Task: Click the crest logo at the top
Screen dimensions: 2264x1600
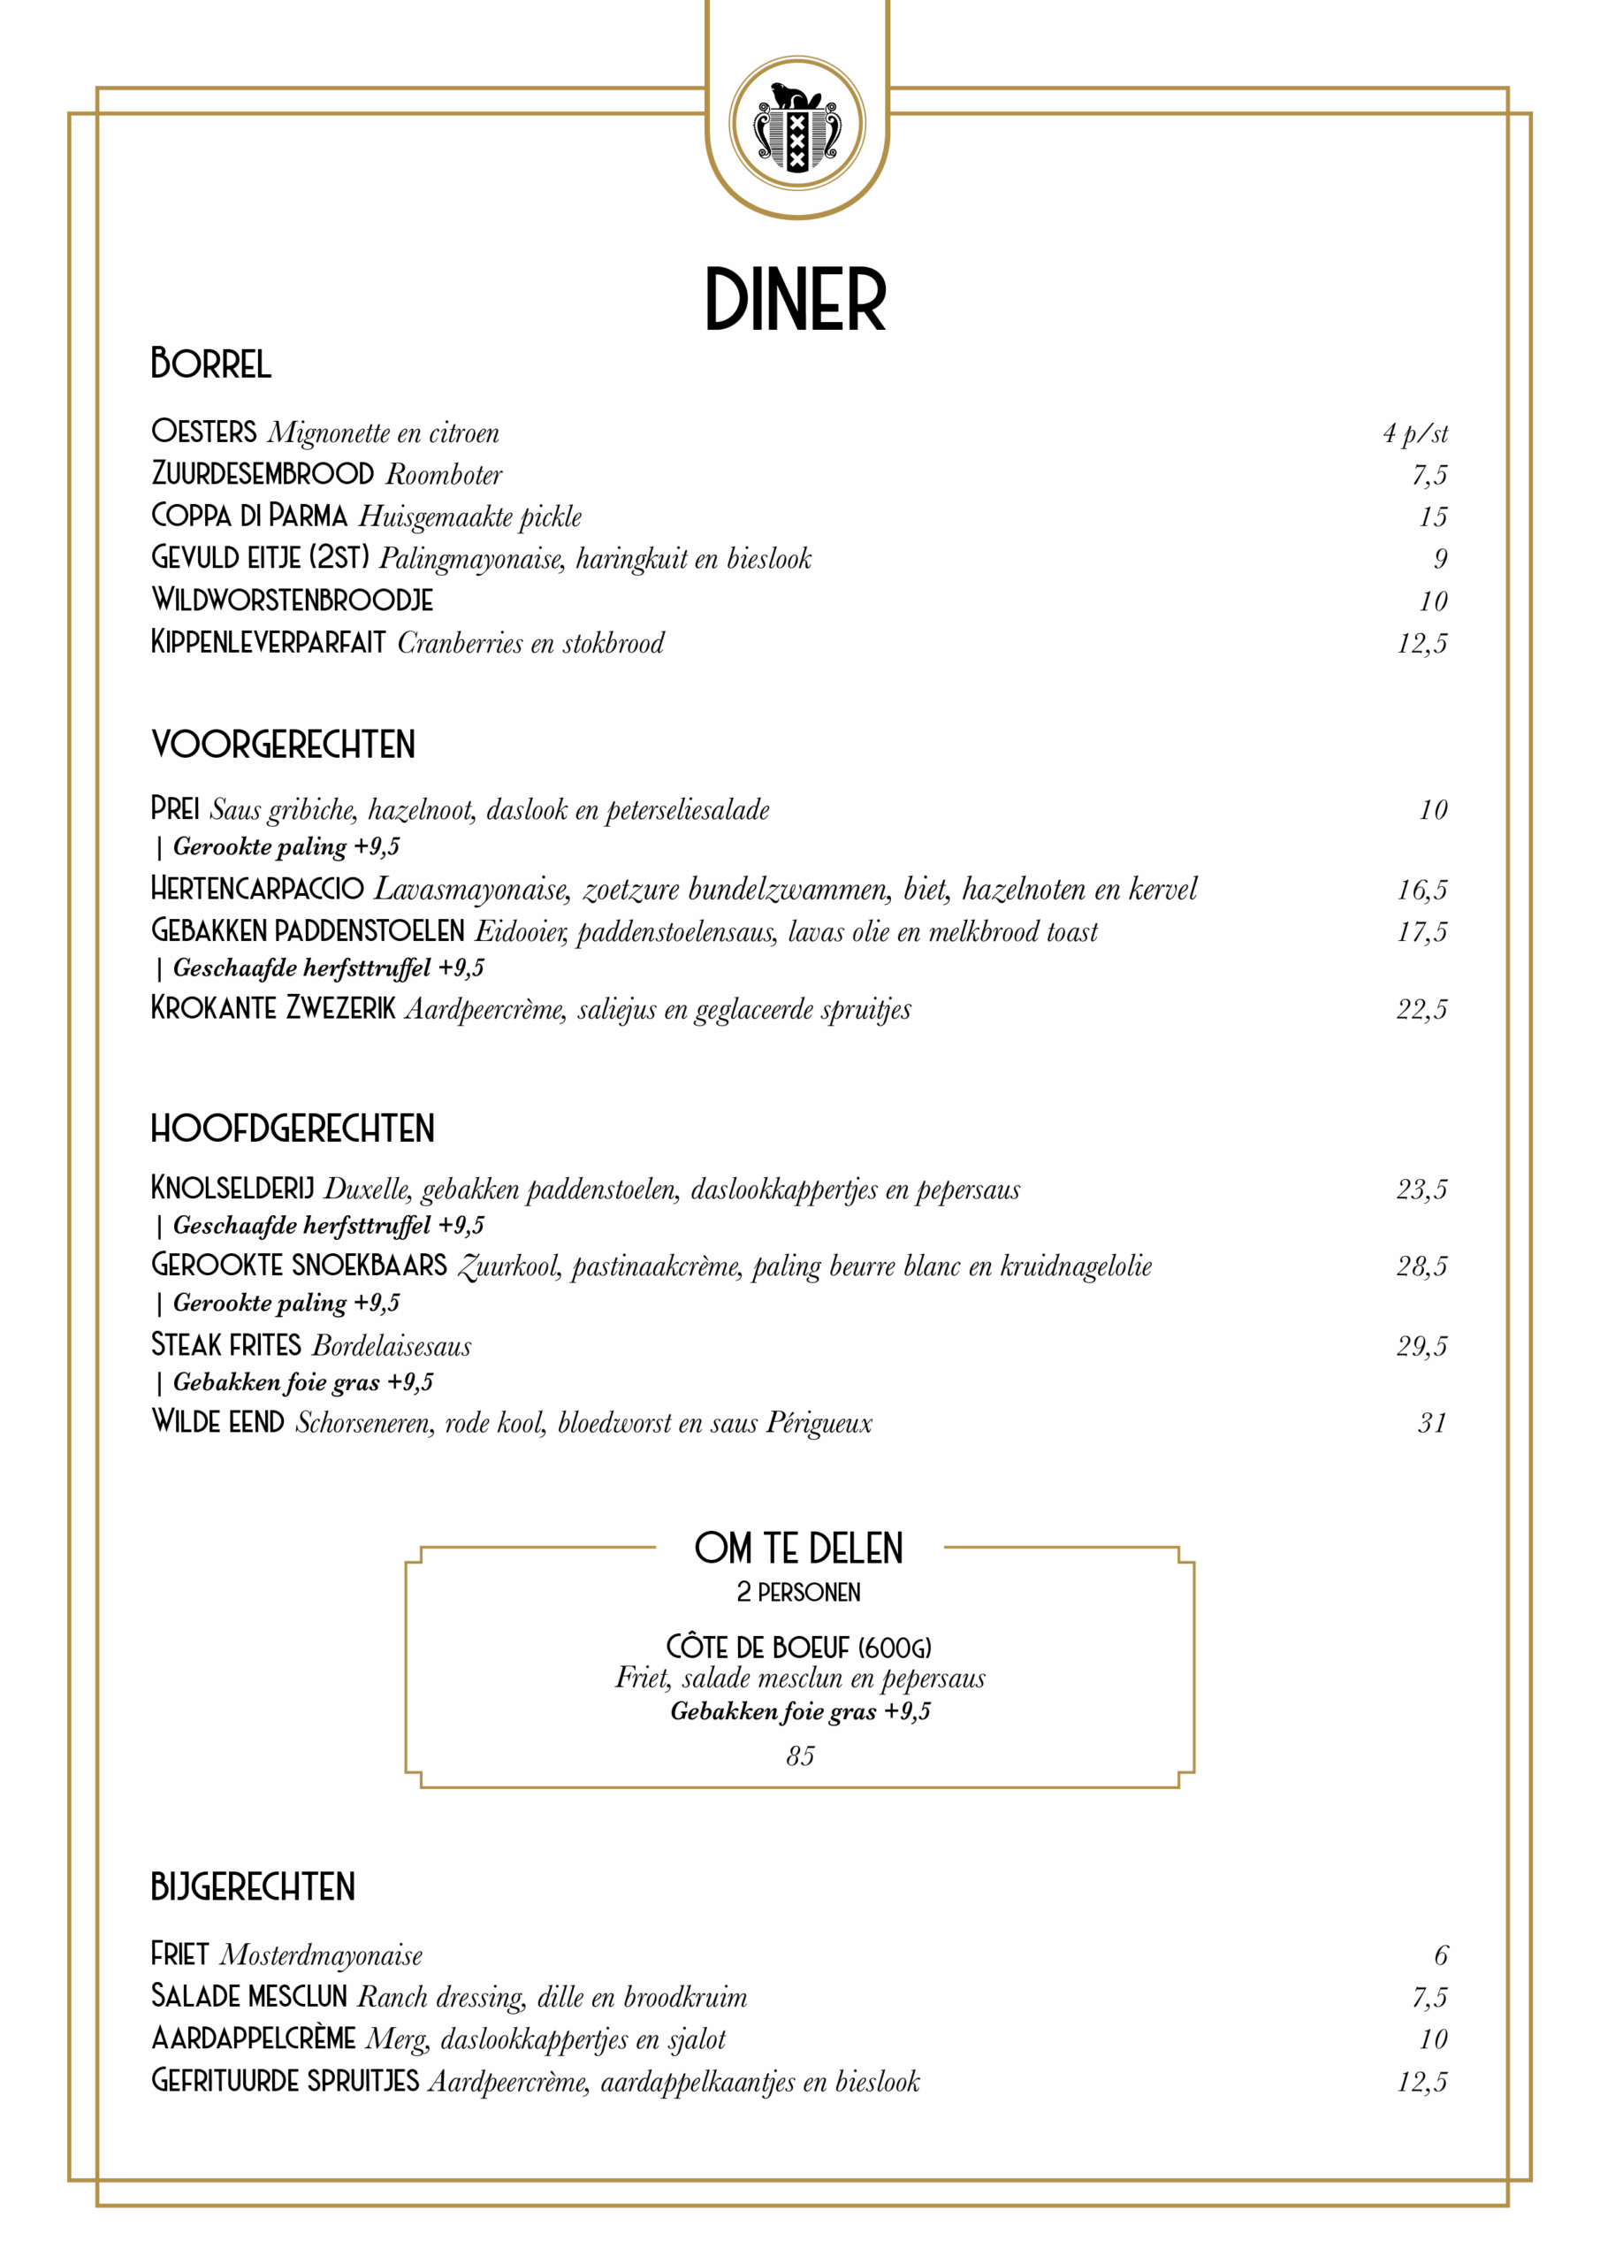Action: tap(796, 123)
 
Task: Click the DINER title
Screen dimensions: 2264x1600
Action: tap(796, 300)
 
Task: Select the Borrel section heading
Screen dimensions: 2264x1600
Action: tap(210, 363)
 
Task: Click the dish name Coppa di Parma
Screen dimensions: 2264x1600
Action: tap(248, 516)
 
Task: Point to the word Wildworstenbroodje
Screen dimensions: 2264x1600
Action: tap(292, 600)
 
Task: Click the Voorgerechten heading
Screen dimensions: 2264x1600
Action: tap(283, 745)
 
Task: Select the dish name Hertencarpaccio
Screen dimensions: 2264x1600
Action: tap(256, 889)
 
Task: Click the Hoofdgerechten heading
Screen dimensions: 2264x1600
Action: tap(292, 1128)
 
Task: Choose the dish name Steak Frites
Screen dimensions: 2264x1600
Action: tap(225, 1345)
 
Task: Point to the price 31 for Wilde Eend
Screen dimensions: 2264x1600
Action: tap(1431, 1422)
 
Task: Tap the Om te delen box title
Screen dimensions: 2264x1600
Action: tap(798, 1549)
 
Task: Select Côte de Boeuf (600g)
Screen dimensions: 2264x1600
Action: tap(798, 1647)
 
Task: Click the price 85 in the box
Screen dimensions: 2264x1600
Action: tap(799, 1755)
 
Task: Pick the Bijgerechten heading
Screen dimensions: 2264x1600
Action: tap(252, 1886)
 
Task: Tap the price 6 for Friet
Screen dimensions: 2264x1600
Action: tap(1440, 1954)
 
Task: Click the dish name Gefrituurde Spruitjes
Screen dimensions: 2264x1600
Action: tap(284, 2081)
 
